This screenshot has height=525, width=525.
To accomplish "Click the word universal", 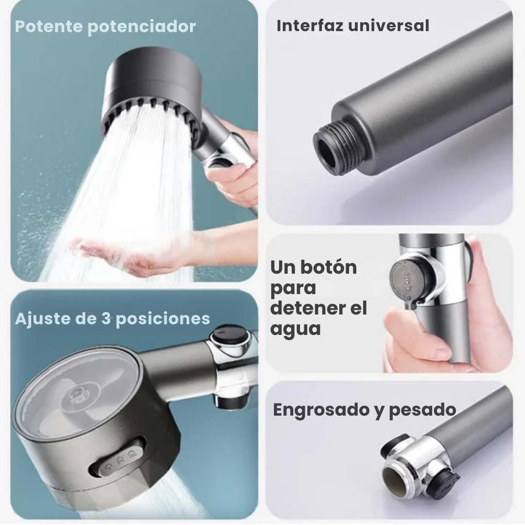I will click(x=392, y=26).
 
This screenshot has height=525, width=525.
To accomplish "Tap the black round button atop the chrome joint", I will click(x=228, y=336).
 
